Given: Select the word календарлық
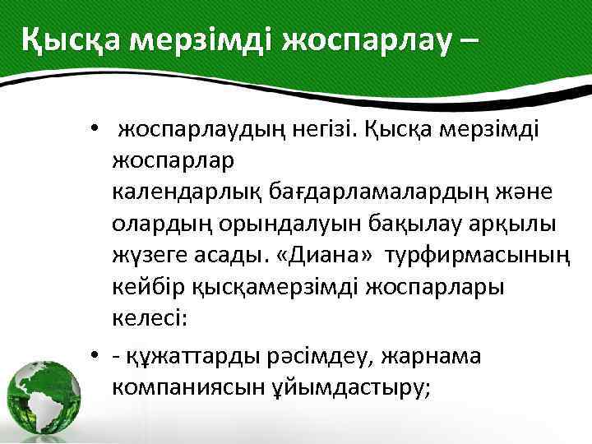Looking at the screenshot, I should (x=187, y=192).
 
